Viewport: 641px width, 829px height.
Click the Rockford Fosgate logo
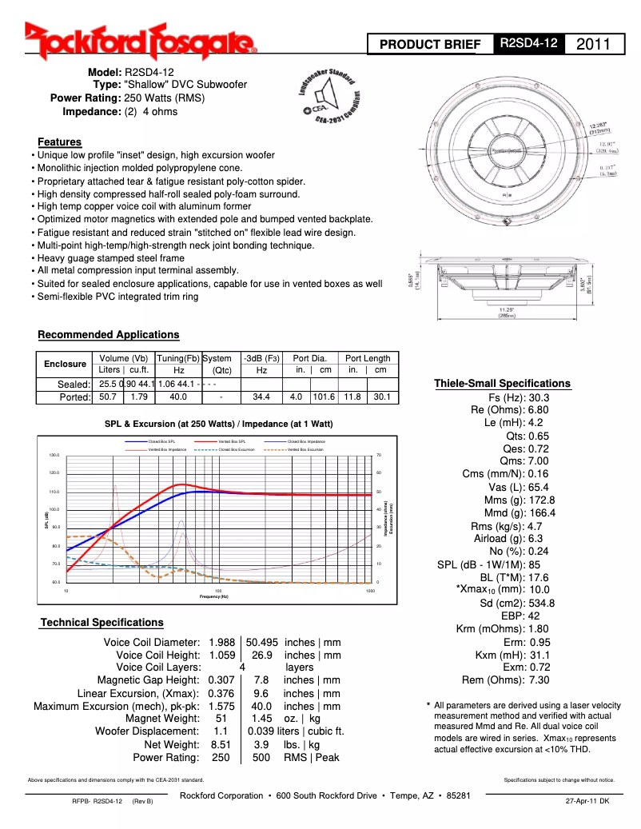(x=141, y=43)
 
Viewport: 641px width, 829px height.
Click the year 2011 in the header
(x=595, y=44)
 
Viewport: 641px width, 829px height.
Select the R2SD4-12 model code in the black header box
(x=528, y=44)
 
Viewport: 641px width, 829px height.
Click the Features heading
(x=59, y=142)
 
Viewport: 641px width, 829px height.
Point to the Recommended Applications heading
(x=109, y=334)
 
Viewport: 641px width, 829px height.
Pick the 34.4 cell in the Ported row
(x=261, y=397)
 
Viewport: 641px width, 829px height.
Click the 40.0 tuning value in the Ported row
(x=178, y=397)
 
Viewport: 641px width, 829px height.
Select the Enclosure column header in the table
(x=65, y=364)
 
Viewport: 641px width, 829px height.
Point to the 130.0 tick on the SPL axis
(x=54, y=455)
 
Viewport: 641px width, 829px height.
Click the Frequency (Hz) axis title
(x=213, y=596)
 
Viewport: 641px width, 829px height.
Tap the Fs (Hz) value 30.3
(x=539, y=397)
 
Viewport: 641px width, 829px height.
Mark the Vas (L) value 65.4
(x=539, y=487)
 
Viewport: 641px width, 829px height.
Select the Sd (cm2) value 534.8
(x=541, y=603)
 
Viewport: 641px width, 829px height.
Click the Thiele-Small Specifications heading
(x=502, y=383)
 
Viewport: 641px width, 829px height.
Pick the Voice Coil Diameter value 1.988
(x=221, y=642)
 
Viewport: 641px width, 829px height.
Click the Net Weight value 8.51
(x=221, y=744)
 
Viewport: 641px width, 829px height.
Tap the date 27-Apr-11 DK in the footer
(x=587, y=800)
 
